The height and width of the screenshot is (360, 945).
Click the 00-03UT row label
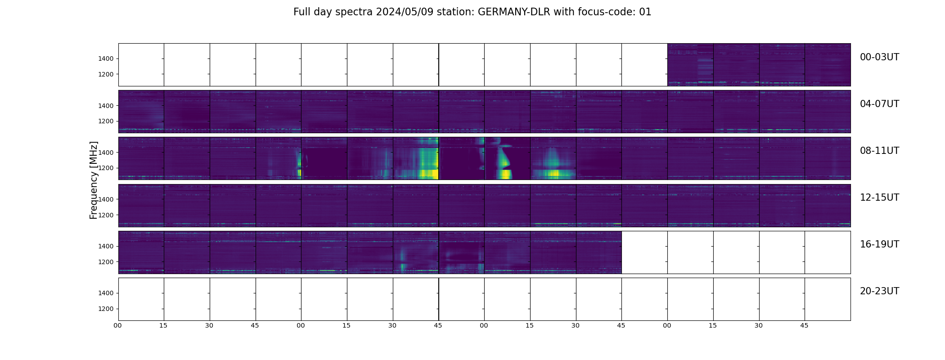coord(879,57)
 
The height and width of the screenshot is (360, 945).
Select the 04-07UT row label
coord(879,104)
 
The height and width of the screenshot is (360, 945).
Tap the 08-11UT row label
coord(879,151)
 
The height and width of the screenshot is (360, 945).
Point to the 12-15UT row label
coord(879,198)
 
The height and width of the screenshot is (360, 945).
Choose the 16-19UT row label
coord(879,244)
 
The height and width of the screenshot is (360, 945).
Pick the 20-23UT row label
coord(879,291)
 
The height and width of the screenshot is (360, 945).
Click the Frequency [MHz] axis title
coord(94,180)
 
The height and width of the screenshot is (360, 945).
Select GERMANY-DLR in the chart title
coord(514,12)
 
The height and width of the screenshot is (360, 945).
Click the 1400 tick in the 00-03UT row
coord(106,59)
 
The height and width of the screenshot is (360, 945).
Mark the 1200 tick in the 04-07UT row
coord(106,121)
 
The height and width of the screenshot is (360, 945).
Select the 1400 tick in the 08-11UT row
coord(106,153)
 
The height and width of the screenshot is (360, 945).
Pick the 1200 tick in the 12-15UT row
coord(106,215)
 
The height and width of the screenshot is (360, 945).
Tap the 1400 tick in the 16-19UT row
coord(106,247)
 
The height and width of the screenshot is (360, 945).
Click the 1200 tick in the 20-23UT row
coord(106,309)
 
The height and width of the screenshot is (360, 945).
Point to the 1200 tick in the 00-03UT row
coord(106,75)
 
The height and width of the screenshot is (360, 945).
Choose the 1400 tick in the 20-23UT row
coord(106,293)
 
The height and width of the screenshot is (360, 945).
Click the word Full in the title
coord(301,12)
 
